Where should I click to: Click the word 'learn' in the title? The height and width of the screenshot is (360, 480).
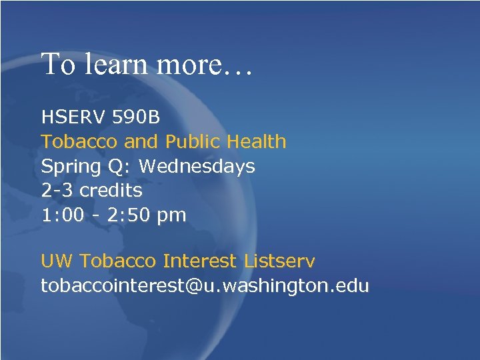tap(115, 65)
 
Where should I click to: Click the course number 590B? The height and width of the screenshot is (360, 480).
tap(137, 117)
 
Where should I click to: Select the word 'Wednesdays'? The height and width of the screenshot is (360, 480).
tap(197, 166)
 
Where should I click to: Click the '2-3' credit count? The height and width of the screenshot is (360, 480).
tap(57, 191)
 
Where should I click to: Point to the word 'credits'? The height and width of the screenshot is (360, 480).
tap(111, 191)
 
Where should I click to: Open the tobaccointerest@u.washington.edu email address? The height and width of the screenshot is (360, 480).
tap(205, 286)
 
